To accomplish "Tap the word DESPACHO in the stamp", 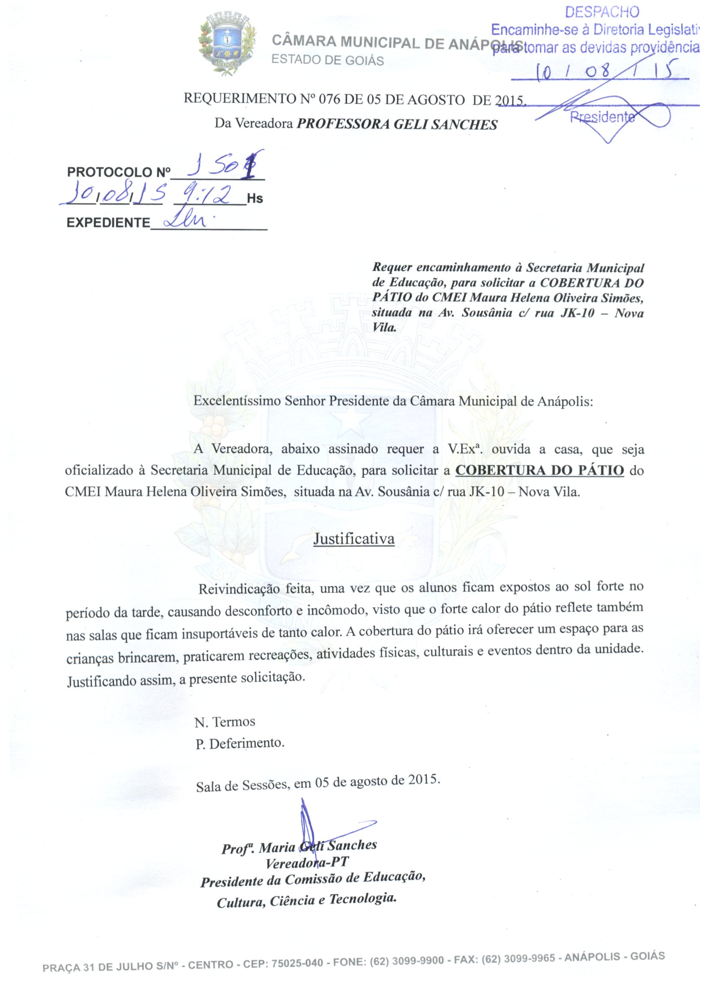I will [602, 12].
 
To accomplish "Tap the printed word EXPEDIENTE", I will [108, 223].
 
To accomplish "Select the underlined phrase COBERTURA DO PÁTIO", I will [539, 470].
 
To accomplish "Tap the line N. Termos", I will [225, 722].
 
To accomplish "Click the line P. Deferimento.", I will [239, 744].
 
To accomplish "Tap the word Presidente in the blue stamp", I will [601, 117].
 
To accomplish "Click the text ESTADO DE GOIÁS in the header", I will [328, 60].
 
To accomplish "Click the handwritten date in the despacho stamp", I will [606, 71].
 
